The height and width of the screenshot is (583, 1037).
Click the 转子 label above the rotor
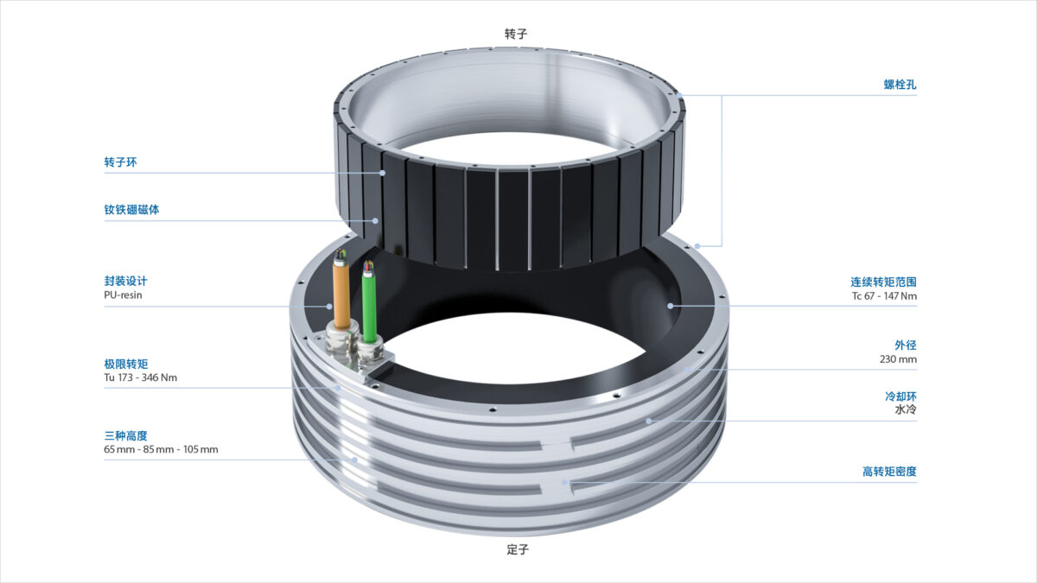tap(516, 34)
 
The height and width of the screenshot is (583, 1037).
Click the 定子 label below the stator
tap(518, 549)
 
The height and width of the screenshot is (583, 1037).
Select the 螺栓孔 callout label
tap(900, 85)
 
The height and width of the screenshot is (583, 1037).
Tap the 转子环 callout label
tap(120, 162)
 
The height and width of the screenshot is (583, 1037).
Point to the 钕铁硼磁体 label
tap(131, 210)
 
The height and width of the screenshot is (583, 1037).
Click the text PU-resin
tap(123, 295)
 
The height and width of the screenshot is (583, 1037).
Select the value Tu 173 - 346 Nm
tap(140, 377)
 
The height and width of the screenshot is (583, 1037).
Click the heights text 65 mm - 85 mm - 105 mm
tap(161, 449)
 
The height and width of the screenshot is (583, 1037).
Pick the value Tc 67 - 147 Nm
tap(884, 295)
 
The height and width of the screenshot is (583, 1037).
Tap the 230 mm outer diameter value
tap(898, 358)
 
